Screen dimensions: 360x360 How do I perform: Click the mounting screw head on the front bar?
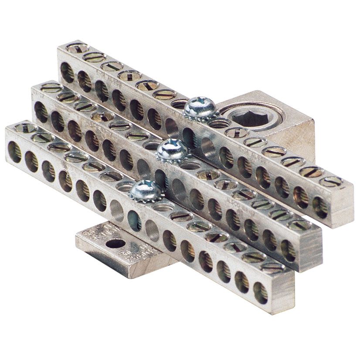click(146, 190)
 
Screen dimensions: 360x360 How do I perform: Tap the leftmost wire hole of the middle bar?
click(41, 112)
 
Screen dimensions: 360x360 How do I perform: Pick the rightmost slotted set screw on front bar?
click(273, 266)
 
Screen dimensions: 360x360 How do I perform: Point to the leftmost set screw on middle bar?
click(51, 88)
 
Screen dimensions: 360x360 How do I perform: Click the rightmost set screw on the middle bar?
click(301, 224)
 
